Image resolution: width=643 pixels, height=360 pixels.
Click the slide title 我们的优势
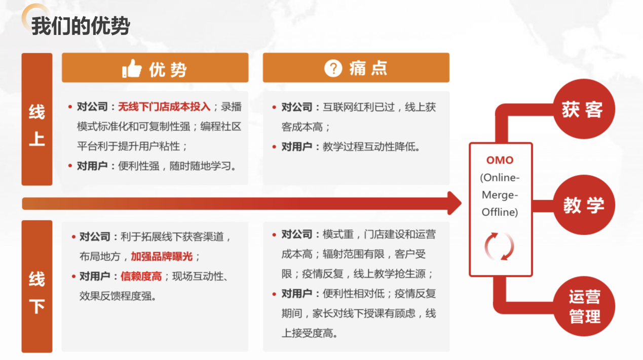coord(81,26)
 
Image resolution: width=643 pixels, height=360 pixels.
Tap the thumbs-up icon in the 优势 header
coord(132,68)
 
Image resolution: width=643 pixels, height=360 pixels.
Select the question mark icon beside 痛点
coord(333,68)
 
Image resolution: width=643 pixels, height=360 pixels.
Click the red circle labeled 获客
coord(583,109)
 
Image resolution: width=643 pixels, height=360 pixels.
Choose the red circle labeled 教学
coord(584,205)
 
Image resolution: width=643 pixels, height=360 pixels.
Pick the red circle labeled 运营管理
coord(584,306)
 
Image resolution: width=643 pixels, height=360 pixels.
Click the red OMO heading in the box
coord(500,160)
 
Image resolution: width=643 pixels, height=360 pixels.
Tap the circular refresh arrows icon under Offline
coord(500,247)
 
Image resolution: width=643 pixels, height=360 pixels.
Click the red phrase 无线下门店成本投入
coord(164,107)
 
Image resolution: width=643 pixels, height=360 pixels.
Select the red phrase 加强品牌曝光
coord(162,256)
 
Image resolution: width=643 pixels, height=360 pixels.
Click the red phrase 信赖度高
coord(141,276)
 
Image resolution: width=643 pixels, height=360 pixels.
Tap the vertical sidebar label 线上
coord(37,125)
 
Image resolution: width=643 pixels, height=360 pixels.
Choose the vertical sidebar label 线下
coord(37,292)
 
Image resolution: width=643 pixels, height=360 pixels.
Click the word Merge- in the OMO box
coord(500,195)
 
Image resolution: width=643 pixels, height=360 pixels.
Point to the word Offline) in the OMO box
coord(500,212)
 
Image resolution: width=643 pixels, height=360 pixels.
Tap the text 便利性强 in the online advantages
coord(139,166)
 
